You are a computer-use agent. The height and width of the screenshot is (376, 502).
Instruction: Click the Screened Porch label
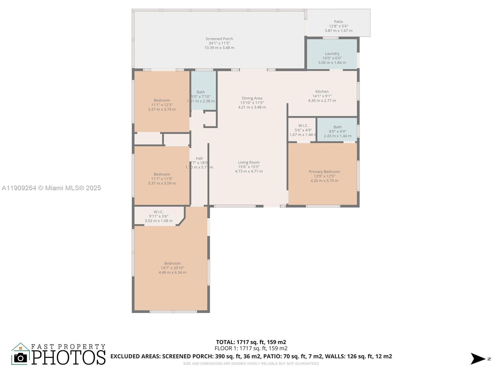219,39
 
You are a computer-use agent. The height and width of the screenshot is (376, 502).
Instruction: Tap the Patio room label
338,22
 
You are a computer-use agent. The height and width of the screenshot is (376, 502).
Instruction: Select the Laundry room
332,54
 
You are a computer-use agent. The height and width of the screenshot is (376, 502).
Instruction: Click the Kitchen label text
322,91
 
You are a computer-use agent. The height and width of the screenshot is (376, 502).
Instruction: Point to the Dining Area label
252,98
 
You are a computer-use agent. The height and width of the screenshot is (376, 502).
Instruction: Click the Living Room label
248,162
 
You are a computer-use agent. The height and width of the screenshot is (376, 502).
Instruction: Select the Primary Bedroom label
324,171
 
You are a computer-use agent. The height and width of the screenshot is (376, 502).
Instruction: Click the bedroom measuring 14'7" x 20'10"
172,264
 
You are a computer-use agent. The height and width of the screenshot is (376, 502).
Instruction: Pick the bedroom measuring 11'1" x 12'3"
162,101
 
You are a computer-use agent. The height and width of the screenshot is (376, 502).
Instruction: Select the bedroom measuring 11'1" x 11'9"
162,174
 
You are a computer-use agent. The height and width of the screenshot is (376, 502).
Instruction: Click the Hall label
199,158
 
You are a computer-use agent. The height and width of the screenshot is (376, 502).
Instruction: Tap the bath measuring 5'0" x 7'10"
201,92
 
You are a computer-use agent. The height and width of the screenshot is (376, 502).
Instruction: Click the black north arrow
478,359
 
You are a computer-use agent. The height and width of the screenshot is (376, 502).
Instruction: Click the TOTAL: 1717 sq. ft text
251,342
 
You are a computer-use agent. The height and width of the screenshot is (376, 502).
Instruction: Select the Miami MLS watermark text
51,188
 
